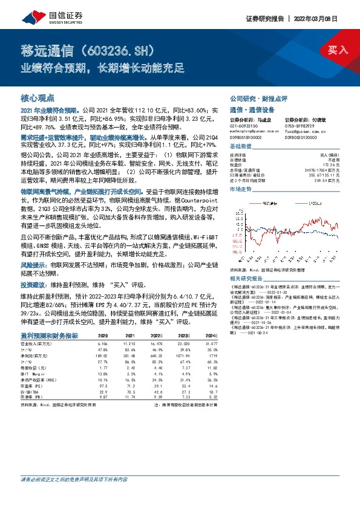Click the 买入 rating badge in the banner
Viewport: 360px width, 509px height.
pyautogui.click(x=338, y=50)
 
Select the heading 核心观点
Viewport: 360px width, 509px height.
pyautogui.click(x=38, y=97)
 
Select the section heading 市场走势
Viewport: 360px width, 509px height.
pyautogui.click(x=241, y=189)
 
